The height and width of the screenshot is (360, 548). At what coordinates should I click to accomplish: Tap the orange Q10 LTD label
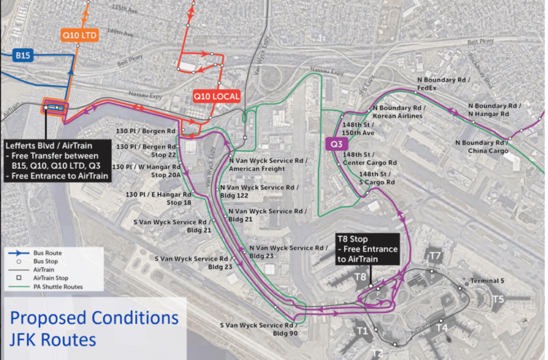(79, 36)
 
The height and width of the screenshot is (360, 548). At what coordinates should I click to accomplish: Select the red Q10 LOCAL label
(216, 96)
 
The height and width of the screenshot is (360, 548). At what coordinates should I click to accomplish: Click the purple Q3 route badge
(336, 144)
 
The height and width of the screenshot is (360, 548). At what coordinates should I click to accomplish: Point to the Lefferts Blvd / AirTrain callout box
(57, 161)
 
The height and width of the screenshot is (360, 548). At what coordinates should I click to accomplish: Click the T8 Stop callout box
(368, 249)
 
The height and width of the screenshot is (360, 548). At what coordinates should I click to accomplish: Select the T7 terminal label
(435, 255)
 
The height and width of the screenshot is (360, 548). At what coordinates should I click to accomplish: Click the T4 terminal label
(443, 328)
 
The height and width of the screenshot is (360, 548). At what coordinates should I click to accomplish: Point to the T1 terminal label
(363, 331)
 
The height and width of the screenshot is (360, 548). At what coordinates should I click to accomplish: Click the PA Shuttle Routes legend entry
(58, 286)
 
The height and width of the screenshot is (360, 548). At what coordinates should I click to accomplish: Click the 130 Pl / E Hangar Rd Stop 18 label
(158, 198)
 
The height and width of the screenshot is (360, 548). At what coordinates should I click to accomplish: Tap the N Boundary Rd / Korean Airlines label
(399, 112)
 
